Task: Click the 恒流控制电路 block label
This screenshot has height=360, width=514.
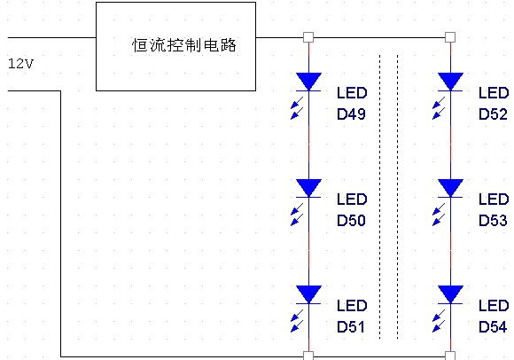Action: (x=183, y=45)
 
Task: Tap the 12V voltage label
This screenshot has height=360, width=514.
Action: (x=20, y=65)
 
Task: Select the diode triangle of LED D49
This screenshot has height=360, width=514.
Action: (x=308, y=82)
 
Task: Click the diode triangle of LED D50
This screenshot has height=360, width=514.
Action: (x=308, y=187)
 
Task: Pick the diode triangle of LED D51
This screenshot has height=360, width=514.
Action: (x=308, y=293)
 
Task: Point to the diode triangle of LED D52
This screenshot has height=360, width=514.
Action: (x=450, y=82)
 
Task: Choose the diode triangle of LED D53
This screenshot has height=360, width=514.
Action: (x=450, y=187)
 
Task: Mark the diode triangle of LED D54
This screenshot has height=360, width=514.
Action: (x=450, y=293)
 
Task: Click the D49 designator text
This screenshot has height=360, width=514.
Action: (x=352, y=114)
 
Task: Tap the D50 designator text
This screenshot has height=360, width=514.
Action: (x=352, y=221)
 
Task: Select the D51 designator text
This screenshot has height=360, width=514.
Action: (x=352, y=327)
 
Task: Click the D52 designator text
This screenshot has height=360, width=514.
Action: (x=494, y=114)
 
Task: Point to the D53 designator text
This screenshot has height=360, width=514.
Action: (x=494, y=221)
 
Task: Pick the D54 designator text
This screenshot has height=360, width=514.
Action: (x=494, y=327)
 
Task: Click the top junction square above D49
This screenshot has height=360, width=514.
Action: (x=308, y=37)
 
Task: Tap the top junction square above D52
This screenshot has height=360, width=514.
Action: (x=450, y=37)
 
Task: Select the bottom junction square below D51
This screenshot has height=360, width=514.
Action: (x=308, y=356)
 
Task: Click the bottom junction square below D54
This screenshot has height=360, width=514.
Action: (x=450, y=356)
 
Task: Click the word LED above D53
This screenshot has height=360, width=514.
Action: (x=494, y=200)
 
